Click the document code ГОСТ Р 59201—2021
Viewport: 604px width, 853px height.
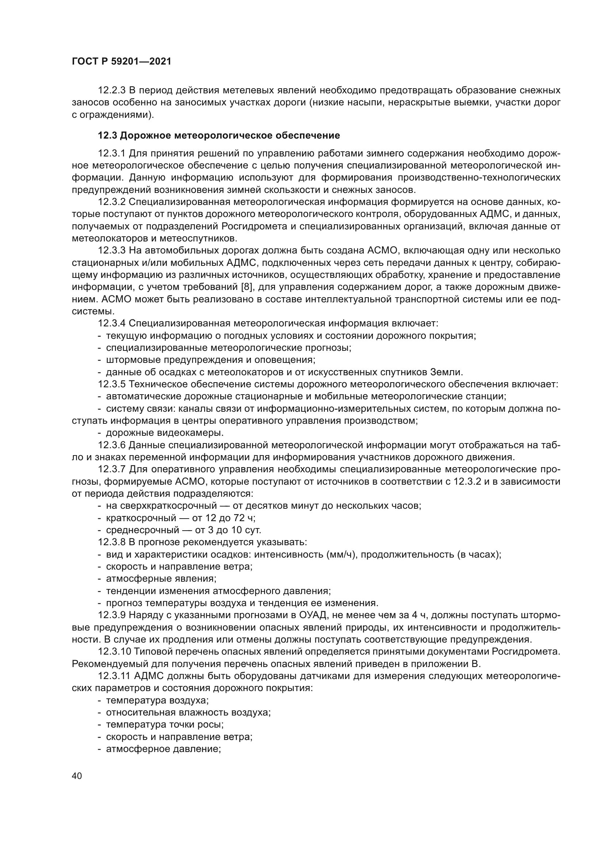122,62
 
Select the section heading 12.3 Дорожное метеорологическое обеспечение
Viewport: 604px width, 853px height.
219,136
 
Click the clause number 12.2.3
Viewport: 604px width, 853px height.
112,91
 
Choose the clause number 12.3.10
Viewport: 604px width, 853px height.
114,652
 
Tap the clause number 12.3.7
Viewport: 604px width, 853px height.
112,470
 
